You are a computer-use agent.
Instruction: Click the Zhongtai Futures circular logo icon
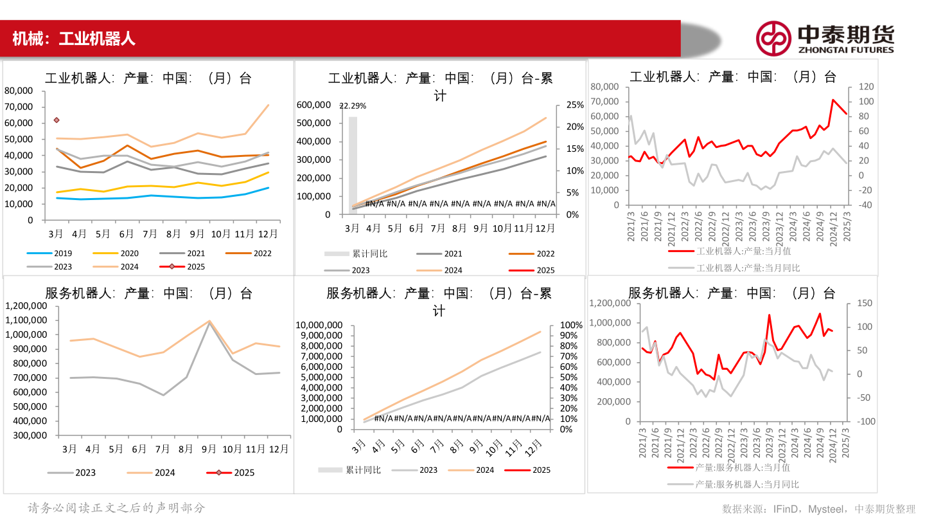773,38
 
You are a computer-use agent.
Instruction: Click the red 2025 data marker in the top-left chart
57,120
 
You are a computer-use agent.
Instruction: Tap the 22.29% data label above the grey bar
353,106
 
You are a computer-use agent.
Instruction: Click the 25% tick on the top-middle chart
574,105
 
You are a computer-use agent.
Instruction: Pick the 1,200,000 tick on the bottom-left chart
28,306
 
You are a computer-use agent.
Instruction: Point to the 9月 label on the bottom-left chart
209,448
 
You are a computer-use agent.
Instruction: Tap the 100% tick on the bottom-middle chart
572,325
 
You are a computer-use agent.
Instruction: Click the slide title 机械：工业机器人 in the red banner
73,39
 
